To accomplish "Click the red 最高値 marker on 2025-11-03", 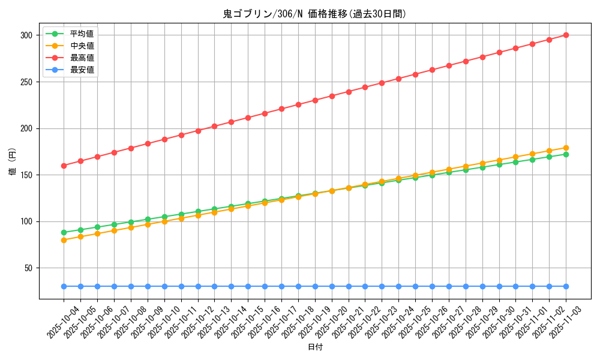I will [x=566, y=35].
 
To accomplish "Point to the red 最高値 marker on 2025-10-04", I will [x=64, y=166].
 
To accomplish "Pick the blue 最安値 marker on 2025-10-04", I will [x=64, y=287].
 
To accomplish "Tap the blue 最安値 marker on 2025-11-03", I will [x=566, y=287].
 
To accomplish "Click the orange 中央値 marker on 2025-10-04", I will [x=64, y=240].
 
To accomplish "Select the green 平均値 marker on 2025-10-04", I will [x=64, y=232].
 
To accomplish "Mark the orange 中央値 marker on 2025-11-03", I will [x=566, y=148].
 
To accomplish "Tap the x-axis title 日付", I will [x=314, y=347].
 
